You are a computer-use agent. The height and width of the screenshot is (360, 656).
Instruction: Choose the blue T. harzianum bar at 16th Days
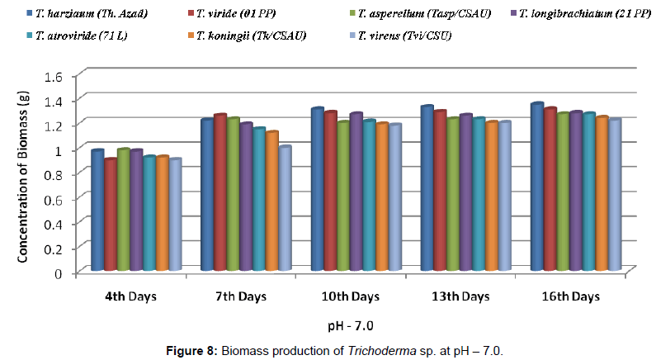(536, 187)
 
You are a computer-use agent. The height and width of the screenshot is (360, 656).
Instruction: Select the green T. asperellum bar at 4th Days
(123, 210)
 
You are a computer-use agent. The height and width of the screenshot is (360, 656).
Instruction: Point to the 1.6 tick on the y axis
(51, 77)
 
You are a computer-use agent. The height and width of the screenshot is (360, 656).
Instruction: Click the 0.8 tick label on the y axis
(51, 174)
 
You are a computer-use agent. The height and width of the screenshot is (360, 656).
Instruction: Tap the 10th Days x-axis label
(351, 295)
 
